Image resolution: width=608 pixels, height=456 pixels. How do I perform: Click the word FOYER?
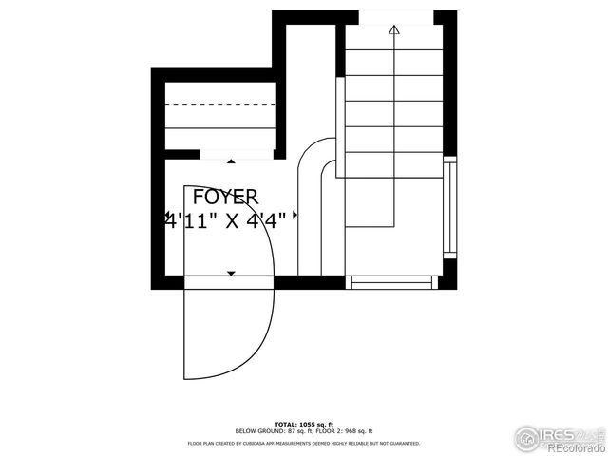tap(225, 198)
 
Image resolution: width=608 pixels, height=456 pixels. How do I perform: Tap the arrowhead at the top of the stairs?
tap(393, 30)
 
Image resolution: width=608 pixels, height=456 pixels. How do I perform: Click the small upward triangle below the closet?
tap(231, 162)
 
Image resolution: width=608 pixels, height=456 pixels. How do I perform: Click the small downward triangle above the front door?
tap(231, 273)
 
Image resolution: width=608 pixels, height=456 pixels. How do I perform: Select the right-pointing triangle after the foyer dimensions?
tap(294, 216)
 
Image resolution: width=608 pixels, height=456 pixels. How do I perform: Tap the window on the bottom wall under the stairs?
tap(391, 281)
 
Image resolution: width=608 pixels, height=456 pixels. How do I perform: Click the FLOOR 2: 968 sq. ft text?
tap(344, 431)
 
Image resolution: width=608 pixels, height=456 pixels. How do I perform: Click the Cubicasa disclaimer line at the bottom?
tap(304, 443)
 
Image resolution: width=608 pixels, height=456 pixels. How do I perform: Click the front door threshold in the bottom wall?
tap(229, 282)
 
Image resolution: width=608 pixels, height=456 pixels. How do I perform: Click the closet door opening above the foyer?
tap(237, 154)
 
